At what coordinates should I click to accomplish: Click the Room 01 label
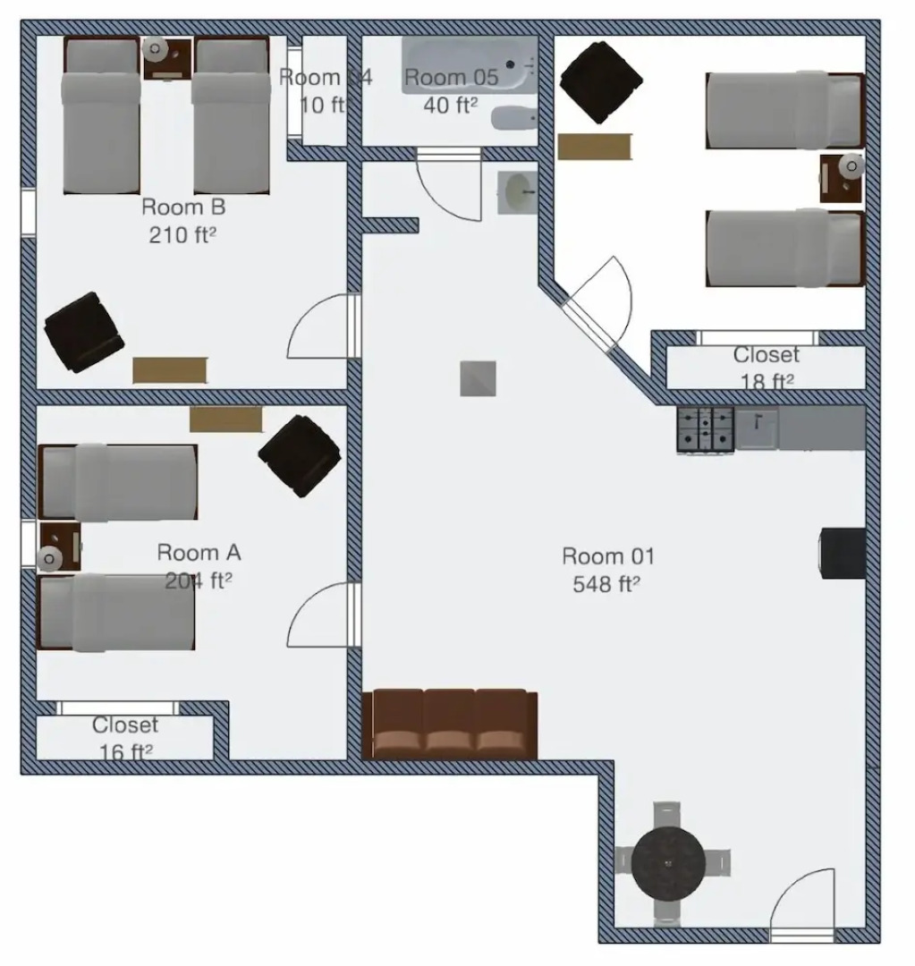[607, 556]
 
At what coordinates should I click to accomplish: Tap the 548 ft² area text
[607, 584]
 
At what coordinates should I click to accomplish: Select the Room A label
[199, 553]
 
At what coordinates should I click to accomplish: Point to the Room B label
[183, 208]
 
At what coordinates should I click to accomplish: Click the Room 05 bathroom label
[450, 78]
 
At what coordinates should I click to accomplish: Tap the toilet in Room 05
[513, 118]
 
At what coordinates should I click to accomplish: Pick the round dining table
[669, 862]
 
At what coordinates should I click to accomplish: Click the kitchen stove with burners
[706, 428]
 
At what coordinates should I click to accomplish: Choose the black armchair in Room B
[84, 332]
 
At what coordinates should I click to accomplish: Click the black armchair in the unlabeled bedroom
[600, 82]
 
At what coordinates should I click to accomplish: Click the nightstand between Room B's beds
[166, 59]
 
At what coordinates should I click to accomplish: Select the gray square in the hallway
[478, 378]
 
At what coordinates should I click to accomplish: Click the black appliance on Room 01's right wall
[843, 553]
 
